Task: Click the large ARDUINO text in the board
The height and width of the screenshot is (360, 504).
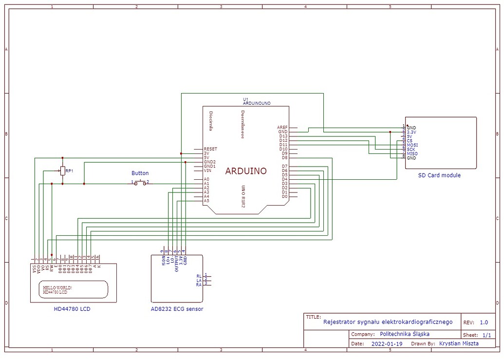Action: [x=246, y=171]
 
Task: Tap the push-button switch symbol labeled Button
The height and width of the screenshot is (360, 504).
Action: [x=140, y=183]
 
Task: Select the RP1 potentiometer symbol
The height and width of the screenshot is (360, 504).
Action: [x=62, y=171]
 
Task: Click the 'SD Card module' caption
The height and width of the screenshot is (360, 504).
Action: [x=439, y=175]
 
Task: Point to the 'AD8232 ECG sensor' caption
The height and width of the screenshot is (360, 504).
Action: [x=177, y=309]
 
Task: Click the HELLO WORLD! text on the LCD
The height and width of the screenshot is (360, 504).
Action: [x=57, y=288]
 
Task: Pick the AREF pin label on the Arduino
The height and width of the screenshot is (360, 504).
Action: [x=282, y=127]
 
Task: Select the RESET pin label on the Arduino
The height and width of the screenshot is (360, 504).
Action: [x=210, y=149]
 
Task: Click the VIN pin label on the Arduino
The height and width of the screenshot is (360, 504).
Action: [x=207, y=171]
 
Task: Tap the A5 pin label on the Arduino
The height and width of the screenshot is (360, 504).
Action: [x=206, y=201]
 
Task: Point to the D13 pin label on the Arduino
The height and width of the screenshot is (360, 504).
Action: [x=283, y=136]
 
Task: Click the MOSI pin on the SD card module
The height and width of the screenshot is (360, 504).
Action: [x=412, y=145]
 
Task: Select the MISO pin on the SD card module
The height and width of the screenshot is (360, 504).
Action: [x=412, y=154]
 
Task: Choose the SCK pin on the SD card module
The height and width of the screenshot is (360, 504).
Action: [x=411, y=150]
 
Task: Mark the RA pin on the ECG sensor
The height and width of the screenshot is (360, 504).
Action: [x=199, y=284]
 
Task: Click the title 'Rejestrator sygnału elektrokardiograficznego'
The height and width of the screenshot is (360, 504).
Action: [x=388, y=322]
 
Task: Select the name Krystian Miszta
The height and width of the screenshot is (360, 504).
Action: [x=459, y=343]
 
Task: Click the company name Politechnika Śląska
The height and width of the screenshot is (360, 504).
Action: [x=404, y=334]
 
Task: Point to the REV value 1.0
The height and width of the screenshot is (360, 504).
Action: [x=484, y=322]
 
